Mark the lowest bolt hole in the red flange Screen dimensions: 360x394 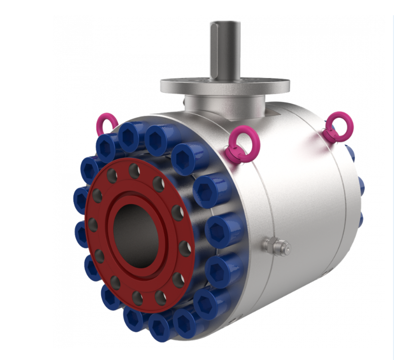[137, 295]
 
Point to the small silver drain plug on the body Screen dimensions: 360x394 [277, 247]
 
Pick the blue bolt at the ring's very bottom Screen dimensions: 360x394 [161, 325]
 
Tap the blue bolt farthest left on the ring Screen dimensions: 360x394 [81, 198]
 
